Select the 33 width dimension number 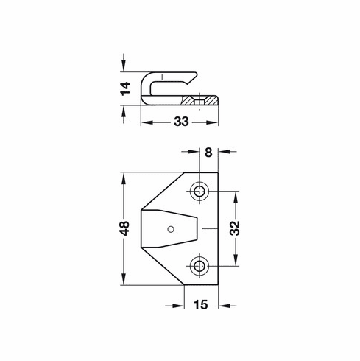(180, 122)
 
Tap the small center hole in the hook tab (171, 228)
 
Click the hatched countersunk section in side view (202, 100)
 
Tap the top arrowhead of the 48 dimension (124, 178)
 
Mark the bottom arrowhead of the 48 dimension (124, 280)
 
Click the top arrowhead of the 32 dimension (236, 196)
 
